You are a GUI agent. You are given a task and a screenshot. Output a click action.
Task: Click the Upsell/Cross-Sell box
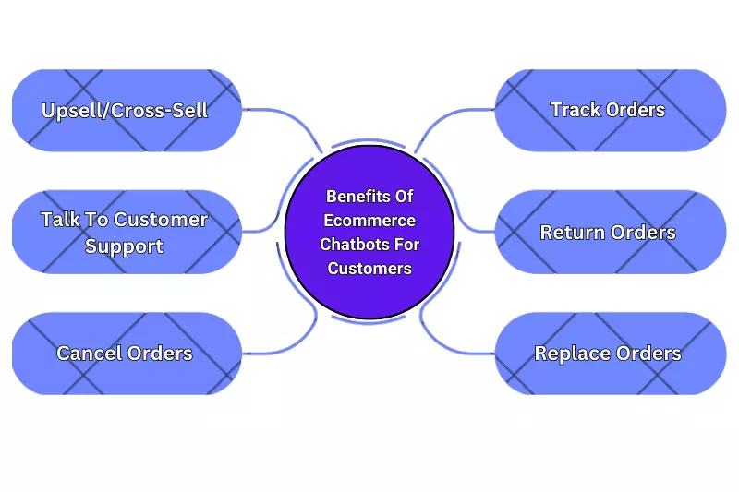tap(127, 110)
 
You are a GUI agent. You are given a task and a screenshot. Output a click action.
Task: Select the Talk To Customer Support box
tap(127, 232)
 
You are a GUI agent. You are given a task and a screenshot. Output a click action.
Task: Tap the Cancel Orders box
tap(127, 354)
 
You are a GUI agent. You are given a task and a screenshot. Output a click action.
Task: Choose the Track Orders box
tap(611, 110)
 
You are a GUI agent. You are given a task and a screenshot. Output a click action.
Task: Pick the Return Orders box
tap(611, 232)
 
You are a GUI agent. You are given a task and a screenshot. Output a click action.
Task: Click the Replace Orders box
tap(611, 354)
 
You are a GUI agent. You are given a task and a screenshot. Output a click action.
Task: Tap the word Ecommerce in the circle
tap(369, 221)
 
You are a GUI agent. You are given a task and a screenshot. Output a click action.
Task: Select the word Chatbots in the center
tap(354, 245)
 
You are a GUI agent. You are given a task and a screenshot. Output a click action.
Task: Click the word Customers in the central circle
tap(369, 269)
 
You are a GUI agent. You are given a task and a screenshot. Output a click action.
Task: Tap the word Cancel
tap(89, 354)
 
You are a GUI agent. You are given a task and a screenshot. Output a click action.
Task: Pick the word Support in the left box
tap(125, 246)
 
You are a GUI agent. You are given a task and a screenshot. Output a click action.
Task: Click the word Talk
tap(60, 220)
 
